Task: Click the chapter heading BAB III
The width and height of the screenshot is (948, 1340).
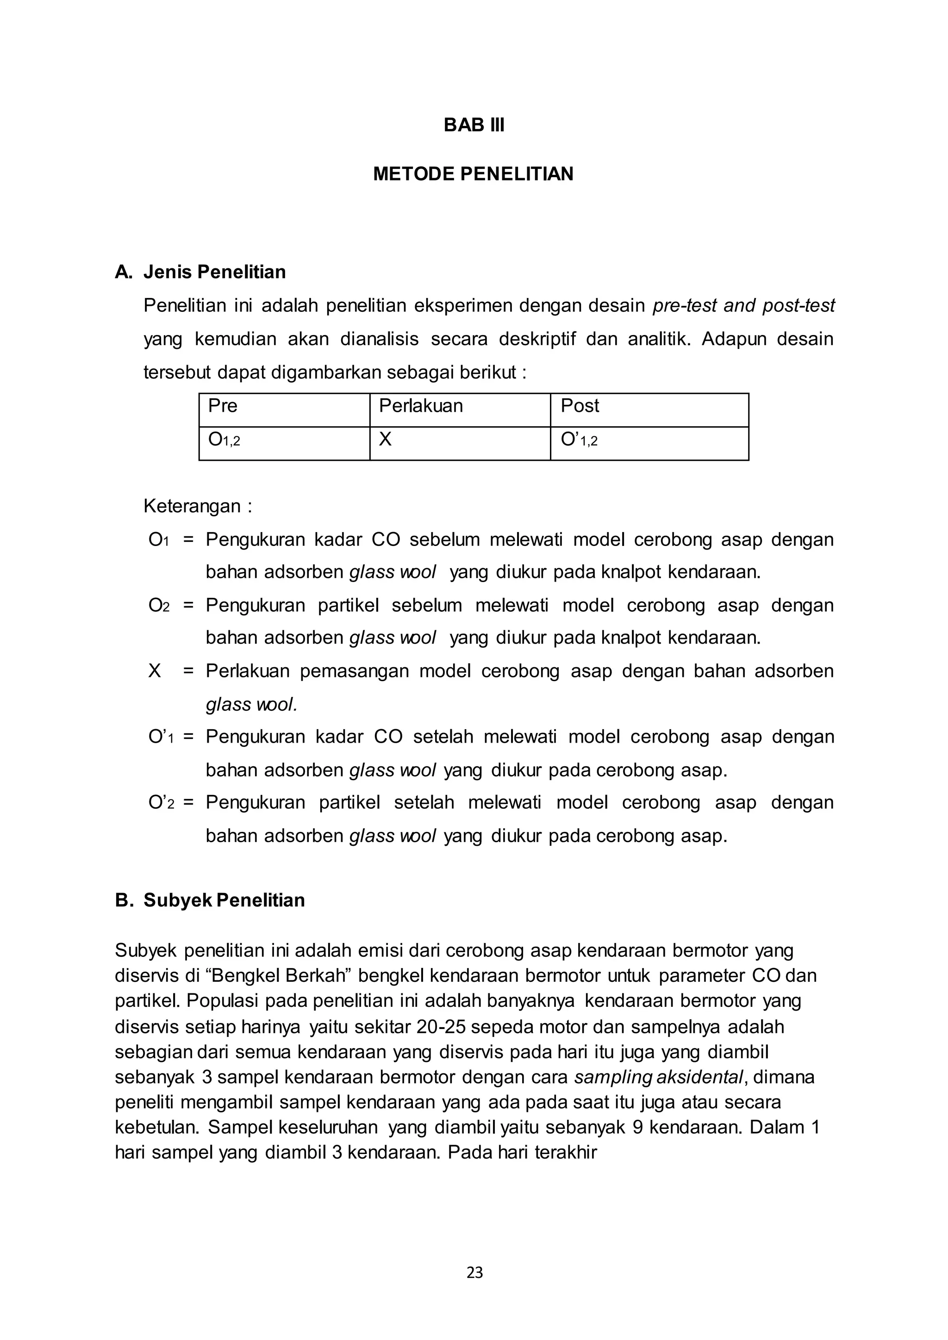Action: coord(474,125)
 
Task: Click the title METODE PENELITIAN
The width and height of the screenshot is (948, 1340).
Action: coord(474,174)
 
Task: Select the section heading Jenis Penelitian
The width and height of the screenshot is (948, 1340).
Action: coord(214,272)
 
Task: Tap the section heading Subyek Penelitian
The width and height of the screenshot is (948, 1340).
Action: coord(224,900)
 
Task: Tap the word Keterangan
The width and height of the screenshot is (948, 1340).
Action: coord(192,506)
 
